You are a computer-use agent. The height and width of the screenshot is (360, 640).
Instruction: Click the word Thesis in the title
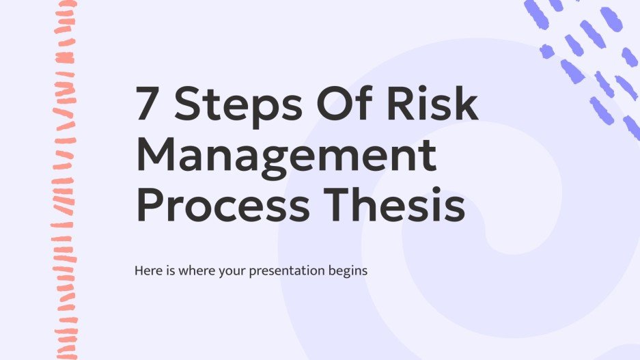click(403, 205)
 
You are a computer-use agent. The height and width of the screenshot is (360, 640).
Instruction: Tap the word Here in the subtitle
click(149, 271)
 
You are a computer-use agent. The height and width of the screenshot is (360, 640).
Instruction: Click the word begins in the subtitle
click(349, 271)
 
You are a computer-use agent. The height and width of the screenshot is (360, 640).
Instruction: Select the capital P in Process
click(151, 205)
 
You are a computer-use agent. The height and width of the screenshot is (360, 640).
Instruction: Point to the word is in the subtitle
click(173, 271)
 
